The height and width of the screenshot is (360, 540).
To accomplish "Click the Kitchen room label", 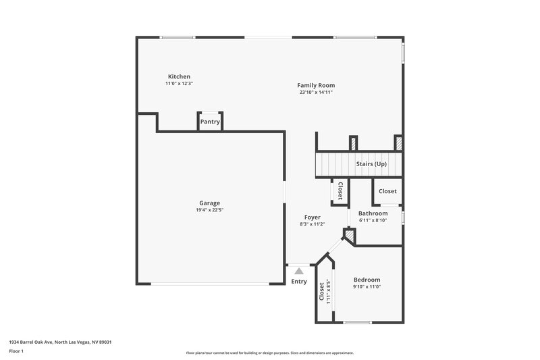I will click(x=179, y=76).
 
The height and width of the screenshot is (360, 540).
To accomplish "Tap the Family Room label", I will click(x=316, y=85).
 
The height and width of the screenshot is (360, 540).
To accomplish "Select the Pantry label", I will click(x=210, y=122).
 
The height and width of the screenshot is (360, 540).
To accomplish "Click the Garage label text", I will click(x=209, y=203).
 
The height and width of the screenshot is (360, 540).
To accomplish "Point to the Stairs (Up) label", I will click(x=371, y=164).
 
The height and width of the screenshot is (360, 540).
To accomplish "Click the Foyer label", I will click(x=312, y=217).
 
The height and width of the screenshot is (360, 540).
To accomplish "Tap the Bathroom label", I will click(x=373, y=213).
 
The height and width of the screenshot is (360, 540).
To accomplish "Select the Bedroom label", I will click(x=367, y=280).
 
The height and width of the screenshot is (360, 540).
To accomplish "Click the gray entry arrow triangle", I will click(x=299, y=270).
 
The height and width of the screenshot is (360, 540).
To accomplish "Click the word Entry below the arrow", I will click(x=298, y=282).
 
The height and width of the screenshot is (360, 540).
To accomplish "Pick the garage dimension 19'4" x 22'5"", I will click(x=209, y=210).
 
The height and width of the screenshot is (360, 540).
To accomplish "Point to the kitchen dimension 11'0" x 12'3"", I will click(x=179, y=84).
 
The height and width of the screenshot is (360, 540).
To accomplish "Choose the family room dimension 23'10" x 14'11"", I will click(x=316, y=93).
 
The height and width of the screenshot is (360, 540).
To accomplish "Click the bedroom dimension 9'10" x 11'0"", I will click(x=367, y=287).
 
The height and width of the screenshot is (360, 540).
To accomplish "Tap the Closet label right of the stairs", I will click(x=387, y=191).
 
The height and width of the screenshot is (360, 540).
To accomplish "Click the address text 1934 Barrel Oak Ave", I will click(x=60, y=342).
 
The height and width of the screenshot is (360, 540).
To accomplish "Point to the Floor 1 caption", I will click(x=16, y=351).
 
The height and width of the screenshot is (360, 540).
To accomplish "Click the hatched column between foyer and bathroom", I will click(x=349, y=235).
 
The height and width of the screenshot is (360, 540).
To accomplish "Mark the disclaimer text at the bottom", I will click(x=269, y=353).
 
